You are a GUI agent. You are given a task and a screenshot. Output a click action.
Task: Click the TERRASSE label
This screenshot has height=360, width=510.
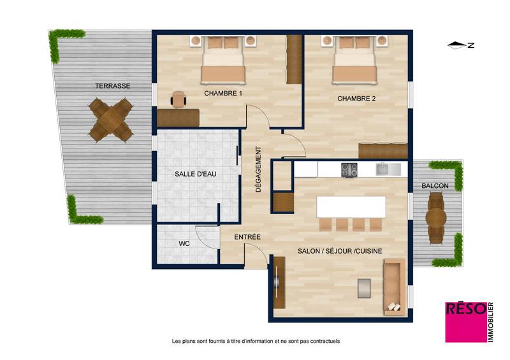[113, 85]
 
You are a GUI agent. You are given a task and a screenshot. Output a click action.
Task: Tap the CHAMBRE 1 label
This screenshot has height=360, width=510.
[223, 93]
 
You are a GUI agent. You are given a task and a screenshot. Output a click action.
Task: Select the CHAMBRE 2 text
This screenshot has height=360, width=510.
[356, 98]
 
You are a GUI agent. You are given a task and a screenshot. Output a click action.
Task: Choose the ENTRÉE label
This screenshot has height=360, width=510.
[247, 237]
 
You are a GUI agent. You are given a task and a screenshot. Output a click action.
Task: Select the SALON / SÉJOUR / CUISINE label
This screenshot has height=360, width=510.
[340, 251]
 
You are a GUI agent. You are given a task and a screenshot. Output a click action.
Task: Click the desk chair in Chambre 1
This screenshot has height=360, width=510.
[178, 99]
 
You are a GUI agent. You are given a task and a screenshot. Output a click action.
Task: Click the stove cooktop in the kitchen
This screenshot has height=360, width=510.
[349, 169]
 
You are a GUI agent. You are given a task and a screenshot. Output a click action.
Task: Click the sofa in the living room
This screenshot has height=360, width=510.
[393, 287]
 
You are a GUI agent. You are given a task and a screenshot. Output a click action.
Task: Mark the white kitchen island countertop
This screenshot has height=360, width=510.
[351, 206]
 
